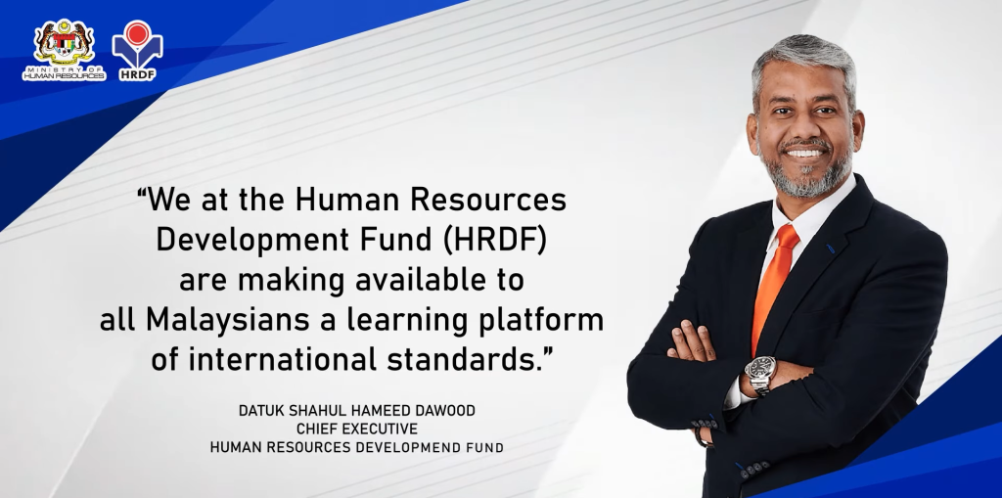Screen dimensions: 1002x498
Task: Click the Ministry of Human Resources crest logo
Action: (x=64, y=49)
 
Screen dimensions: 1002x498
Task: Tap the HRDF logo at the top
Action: (x=137, y=51)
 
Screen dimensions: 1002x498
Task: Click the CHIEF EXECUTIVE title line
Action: (x=356, y=429)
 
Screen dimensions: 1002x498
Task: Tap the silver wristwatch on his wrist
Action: (x=760, y=374)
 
